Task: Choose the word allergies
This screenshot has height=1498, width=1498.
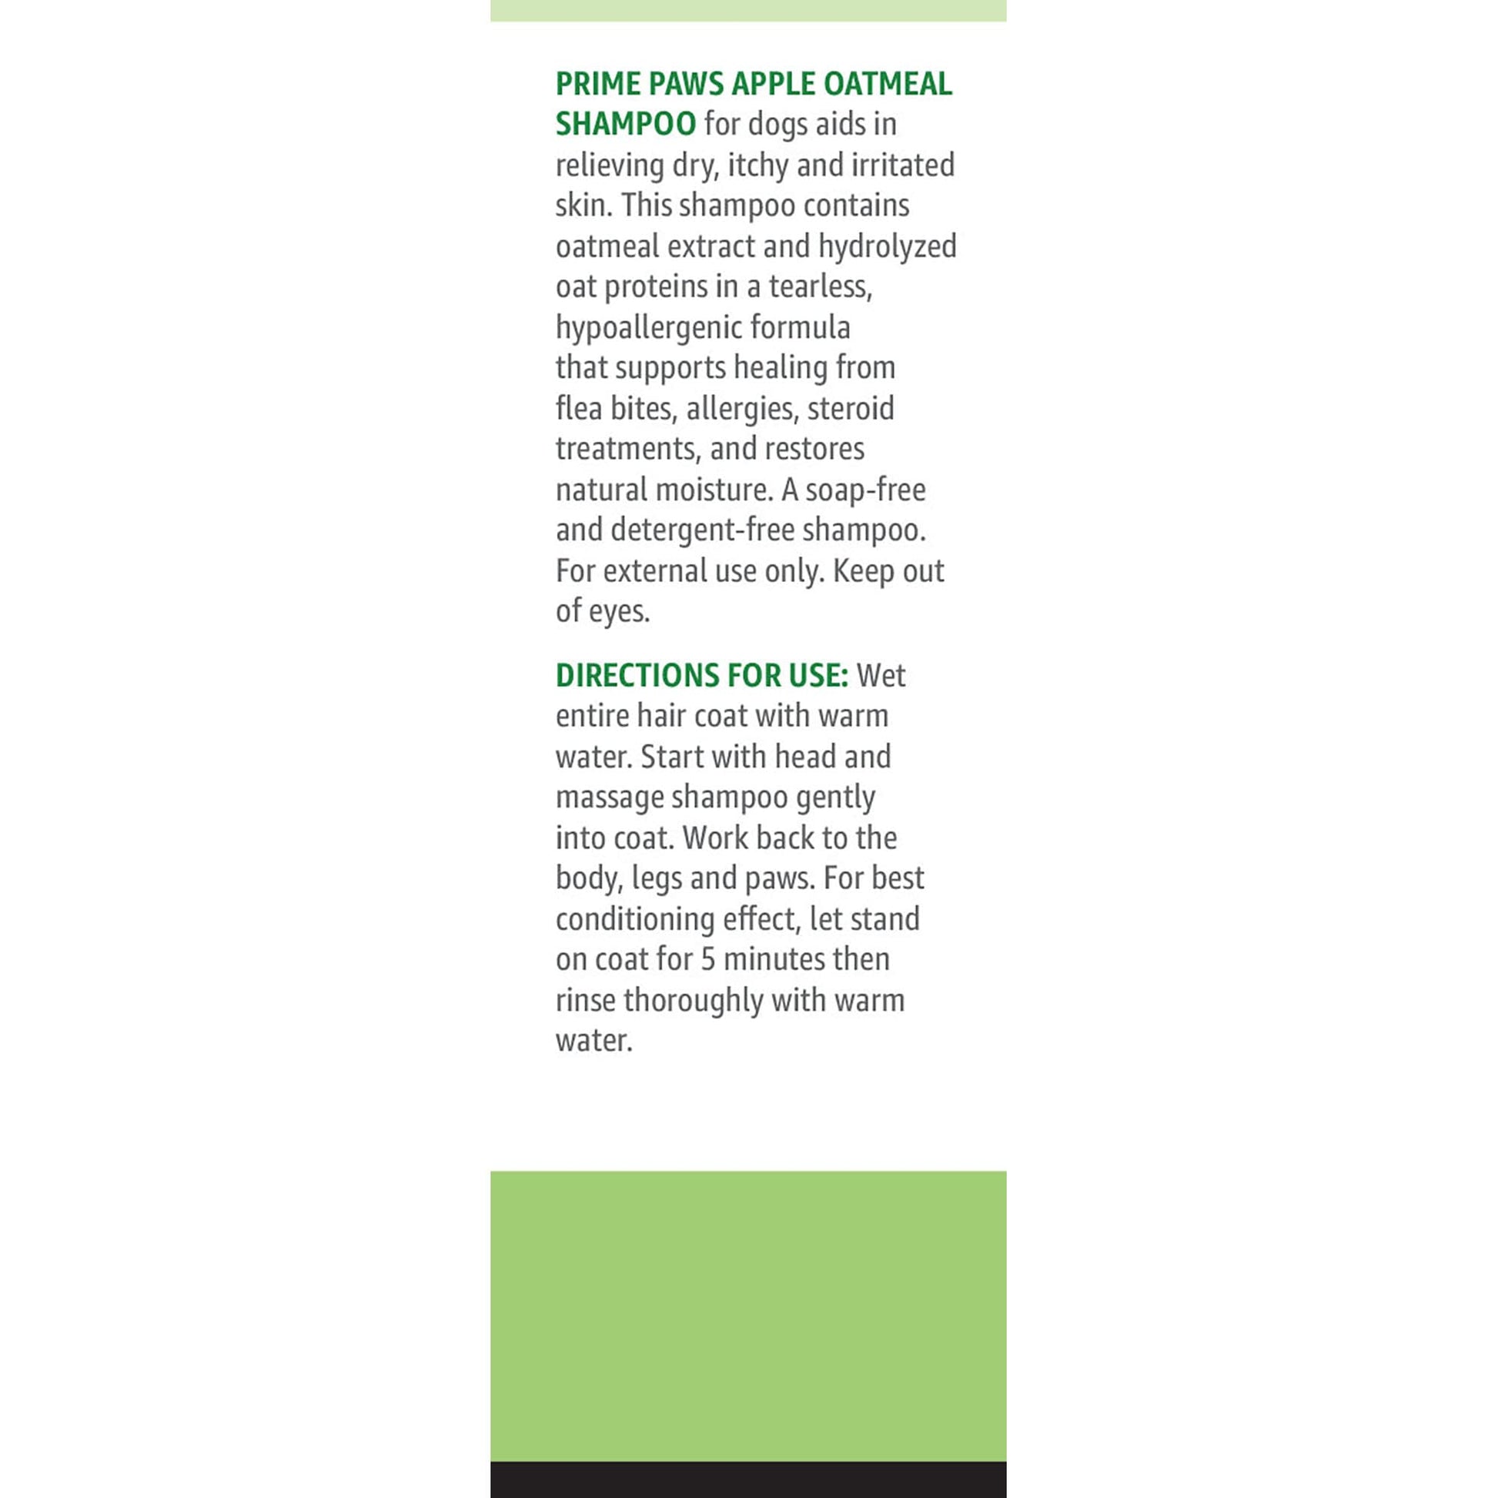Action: (742, 409)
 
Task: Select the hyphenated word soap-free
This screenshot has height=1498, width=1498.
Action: (865, 490)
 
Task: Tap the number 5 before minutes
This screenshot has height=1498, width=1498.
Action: (708, 960)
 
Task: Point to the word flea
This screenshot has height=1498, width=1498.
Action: (578, 409)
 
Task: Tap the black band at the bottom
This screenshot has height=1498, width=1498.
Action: (748, 1480)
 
